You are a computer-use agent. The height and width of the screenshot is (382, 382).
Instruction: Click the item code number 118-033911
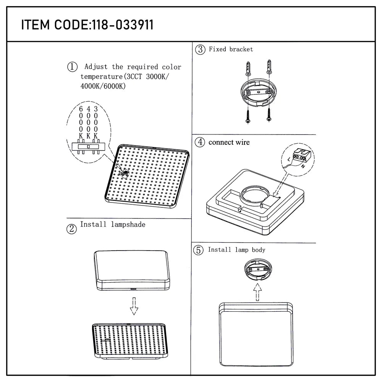[121, 25]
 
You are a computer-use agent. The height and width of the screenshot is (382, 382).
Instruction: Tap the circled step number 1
[73, 67]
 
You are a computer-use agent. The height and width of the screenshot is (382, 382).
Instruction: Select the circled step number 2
[71, 229]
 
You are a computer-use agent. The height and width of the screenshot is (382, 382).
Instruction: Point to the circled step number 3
[200, 49]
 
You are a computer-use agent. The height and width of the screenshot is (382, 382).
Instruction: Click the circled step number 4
[200, 142]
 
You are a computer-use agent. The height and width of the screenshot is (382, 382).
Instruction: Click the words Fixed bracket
[231, 49]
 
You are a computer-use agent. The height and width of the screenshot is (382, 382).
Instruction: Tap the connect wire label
[229, 142]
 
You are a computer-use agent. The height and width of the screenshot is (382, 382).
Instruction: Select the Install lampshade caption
[112, 225]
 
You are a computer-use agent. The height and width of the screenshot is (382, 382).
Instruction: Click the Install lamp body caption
[236, 250]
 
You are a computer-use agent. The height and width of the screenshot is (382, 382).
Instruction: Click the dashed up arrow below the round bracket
[258, 292]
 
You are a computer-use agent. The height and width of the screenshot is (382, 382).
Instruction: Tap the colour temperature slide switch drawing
[88, 146]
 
